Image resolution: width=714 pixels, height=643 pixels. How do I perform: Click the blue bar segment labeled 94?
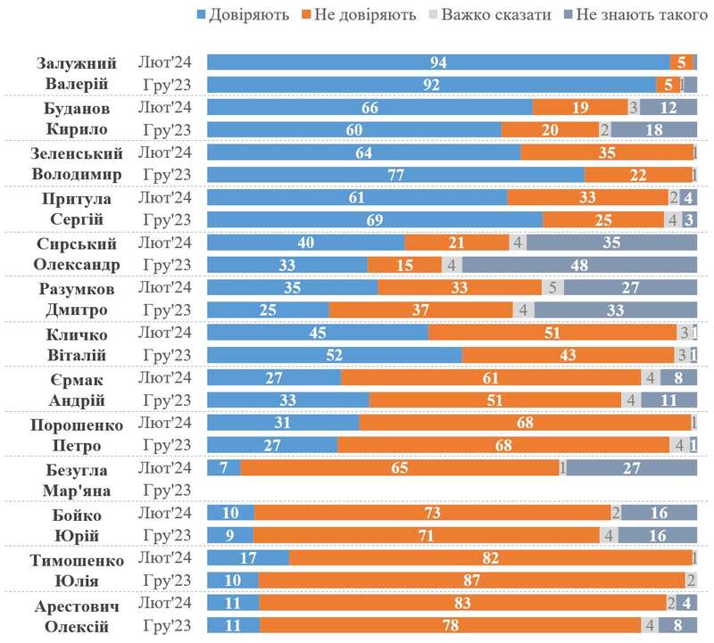tap(438, 62)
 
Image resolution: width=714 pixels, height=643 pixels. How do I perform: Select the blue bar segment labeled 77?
tap(395, 175)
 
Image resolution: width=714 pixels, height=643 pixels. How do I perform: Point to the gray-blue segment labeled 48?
tap(579, 265)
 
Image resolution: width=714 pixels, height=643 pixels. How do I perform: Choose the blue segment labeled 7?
tap(223, 467)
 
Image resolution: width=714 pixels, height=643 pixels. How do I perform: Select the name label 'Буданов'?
tap(78, 108)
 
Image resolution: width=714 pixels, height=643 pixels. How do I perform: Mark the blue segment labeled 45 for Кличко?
tap(318, 333)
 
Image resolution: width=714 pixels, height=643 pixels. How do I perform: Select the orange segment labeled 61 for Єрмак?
tap(491, 377)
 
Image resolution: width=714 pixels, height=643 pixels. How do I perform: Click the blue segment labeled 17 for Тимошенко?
tap(248, 558)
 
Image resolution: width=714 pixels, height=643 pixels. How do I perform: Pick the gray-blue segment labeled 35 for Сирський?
tap(611, 243)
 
